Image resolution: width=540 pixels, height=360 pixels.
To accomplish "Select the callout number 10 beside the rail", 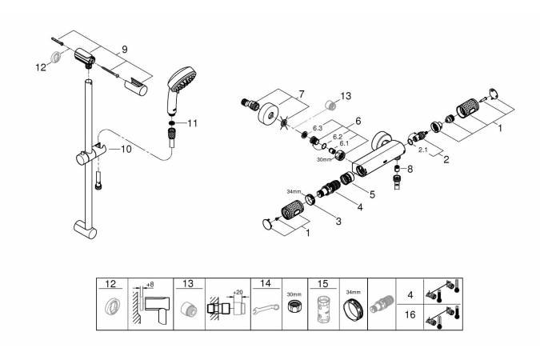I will coord(126,149).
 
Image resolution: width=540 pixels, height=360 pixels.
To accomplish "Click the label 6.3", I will coord(318,126).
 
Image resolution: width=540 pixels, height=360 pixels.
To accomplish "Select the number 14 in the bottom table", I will coord(266,283).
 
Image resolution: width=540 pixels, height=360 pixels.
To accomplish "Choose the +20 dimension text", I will coord(239,291).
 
